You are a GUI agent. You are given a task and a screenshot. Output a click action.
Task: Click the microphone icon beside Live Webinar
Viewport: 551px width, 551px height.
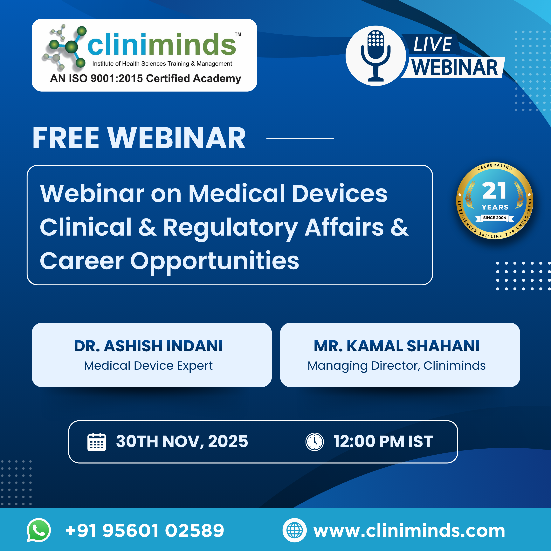[376, 56]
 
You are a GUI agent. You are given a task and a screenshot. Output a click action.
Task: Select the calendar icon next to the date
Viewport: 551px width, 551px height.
[96, 442]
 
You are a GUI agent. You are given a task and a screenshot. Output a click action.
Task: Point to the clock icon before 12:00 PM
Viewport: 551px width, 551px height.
[315, 442]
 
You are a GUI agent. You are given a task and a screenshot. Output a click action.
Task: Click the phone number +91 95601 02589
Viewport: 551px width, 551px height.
[145, 530]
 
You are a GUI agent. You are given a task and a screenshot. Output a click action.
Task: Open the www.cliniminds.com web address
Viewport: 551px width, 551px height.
[409, 530]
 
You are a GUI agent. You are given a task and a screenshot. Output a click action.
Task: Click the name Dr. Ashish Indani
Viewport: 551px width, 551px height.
[148, 346]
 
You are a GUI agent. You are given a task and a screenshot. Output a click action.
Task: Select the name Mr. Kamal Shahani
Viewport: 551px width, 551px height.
[397, 346]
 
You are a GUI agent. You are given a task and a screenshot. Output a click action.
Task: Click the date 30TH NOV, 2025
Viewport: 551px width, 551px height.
[182, 442]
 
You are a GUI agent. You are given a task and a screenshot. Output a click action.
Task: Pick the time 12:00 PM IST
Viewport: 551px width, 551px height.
[383, 442]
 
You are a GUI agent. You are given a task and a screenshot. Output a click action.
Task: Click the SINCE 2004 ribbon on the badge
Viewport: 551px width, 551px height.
[494, 218]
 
